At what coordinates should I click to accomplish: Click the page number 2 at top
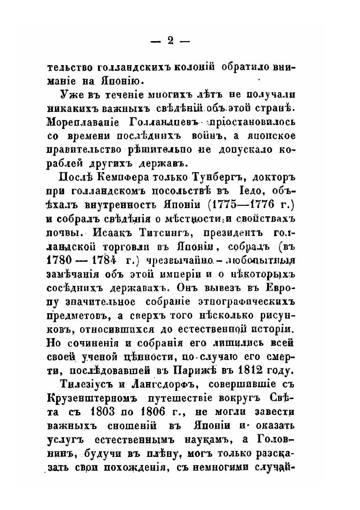[x=170, y=40]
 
